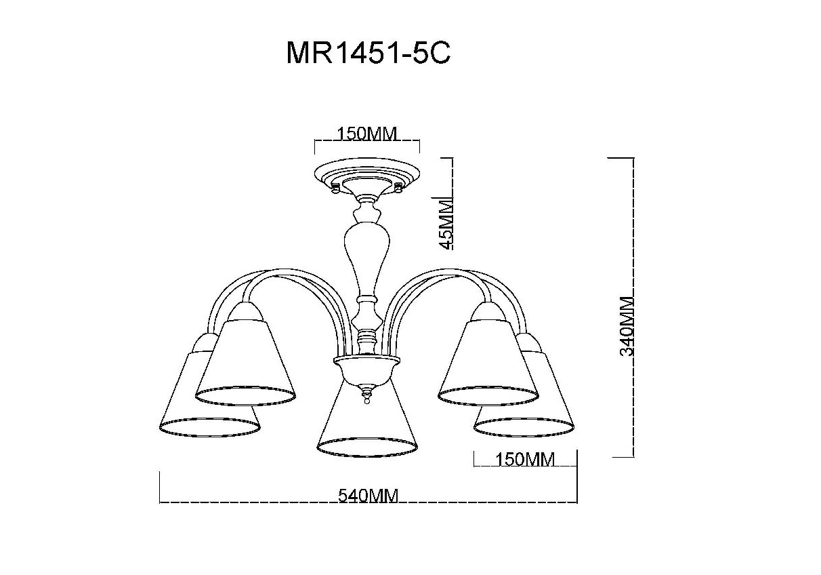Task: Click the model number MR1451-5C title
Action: coord(368,54)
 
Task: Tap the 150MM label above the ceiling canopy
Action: coord(367,133)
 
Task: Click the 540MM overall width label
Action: coord(368,496)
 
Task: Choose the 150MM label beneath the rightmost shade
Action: coord(524,460)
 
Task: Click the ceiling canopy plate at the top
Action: coord(366,174)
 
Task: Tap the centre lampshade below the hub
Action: coord(366,420)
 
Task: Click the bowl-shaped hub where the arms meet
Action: coord(366,370)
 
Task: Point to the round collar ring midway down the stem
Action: coord(367,298)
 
